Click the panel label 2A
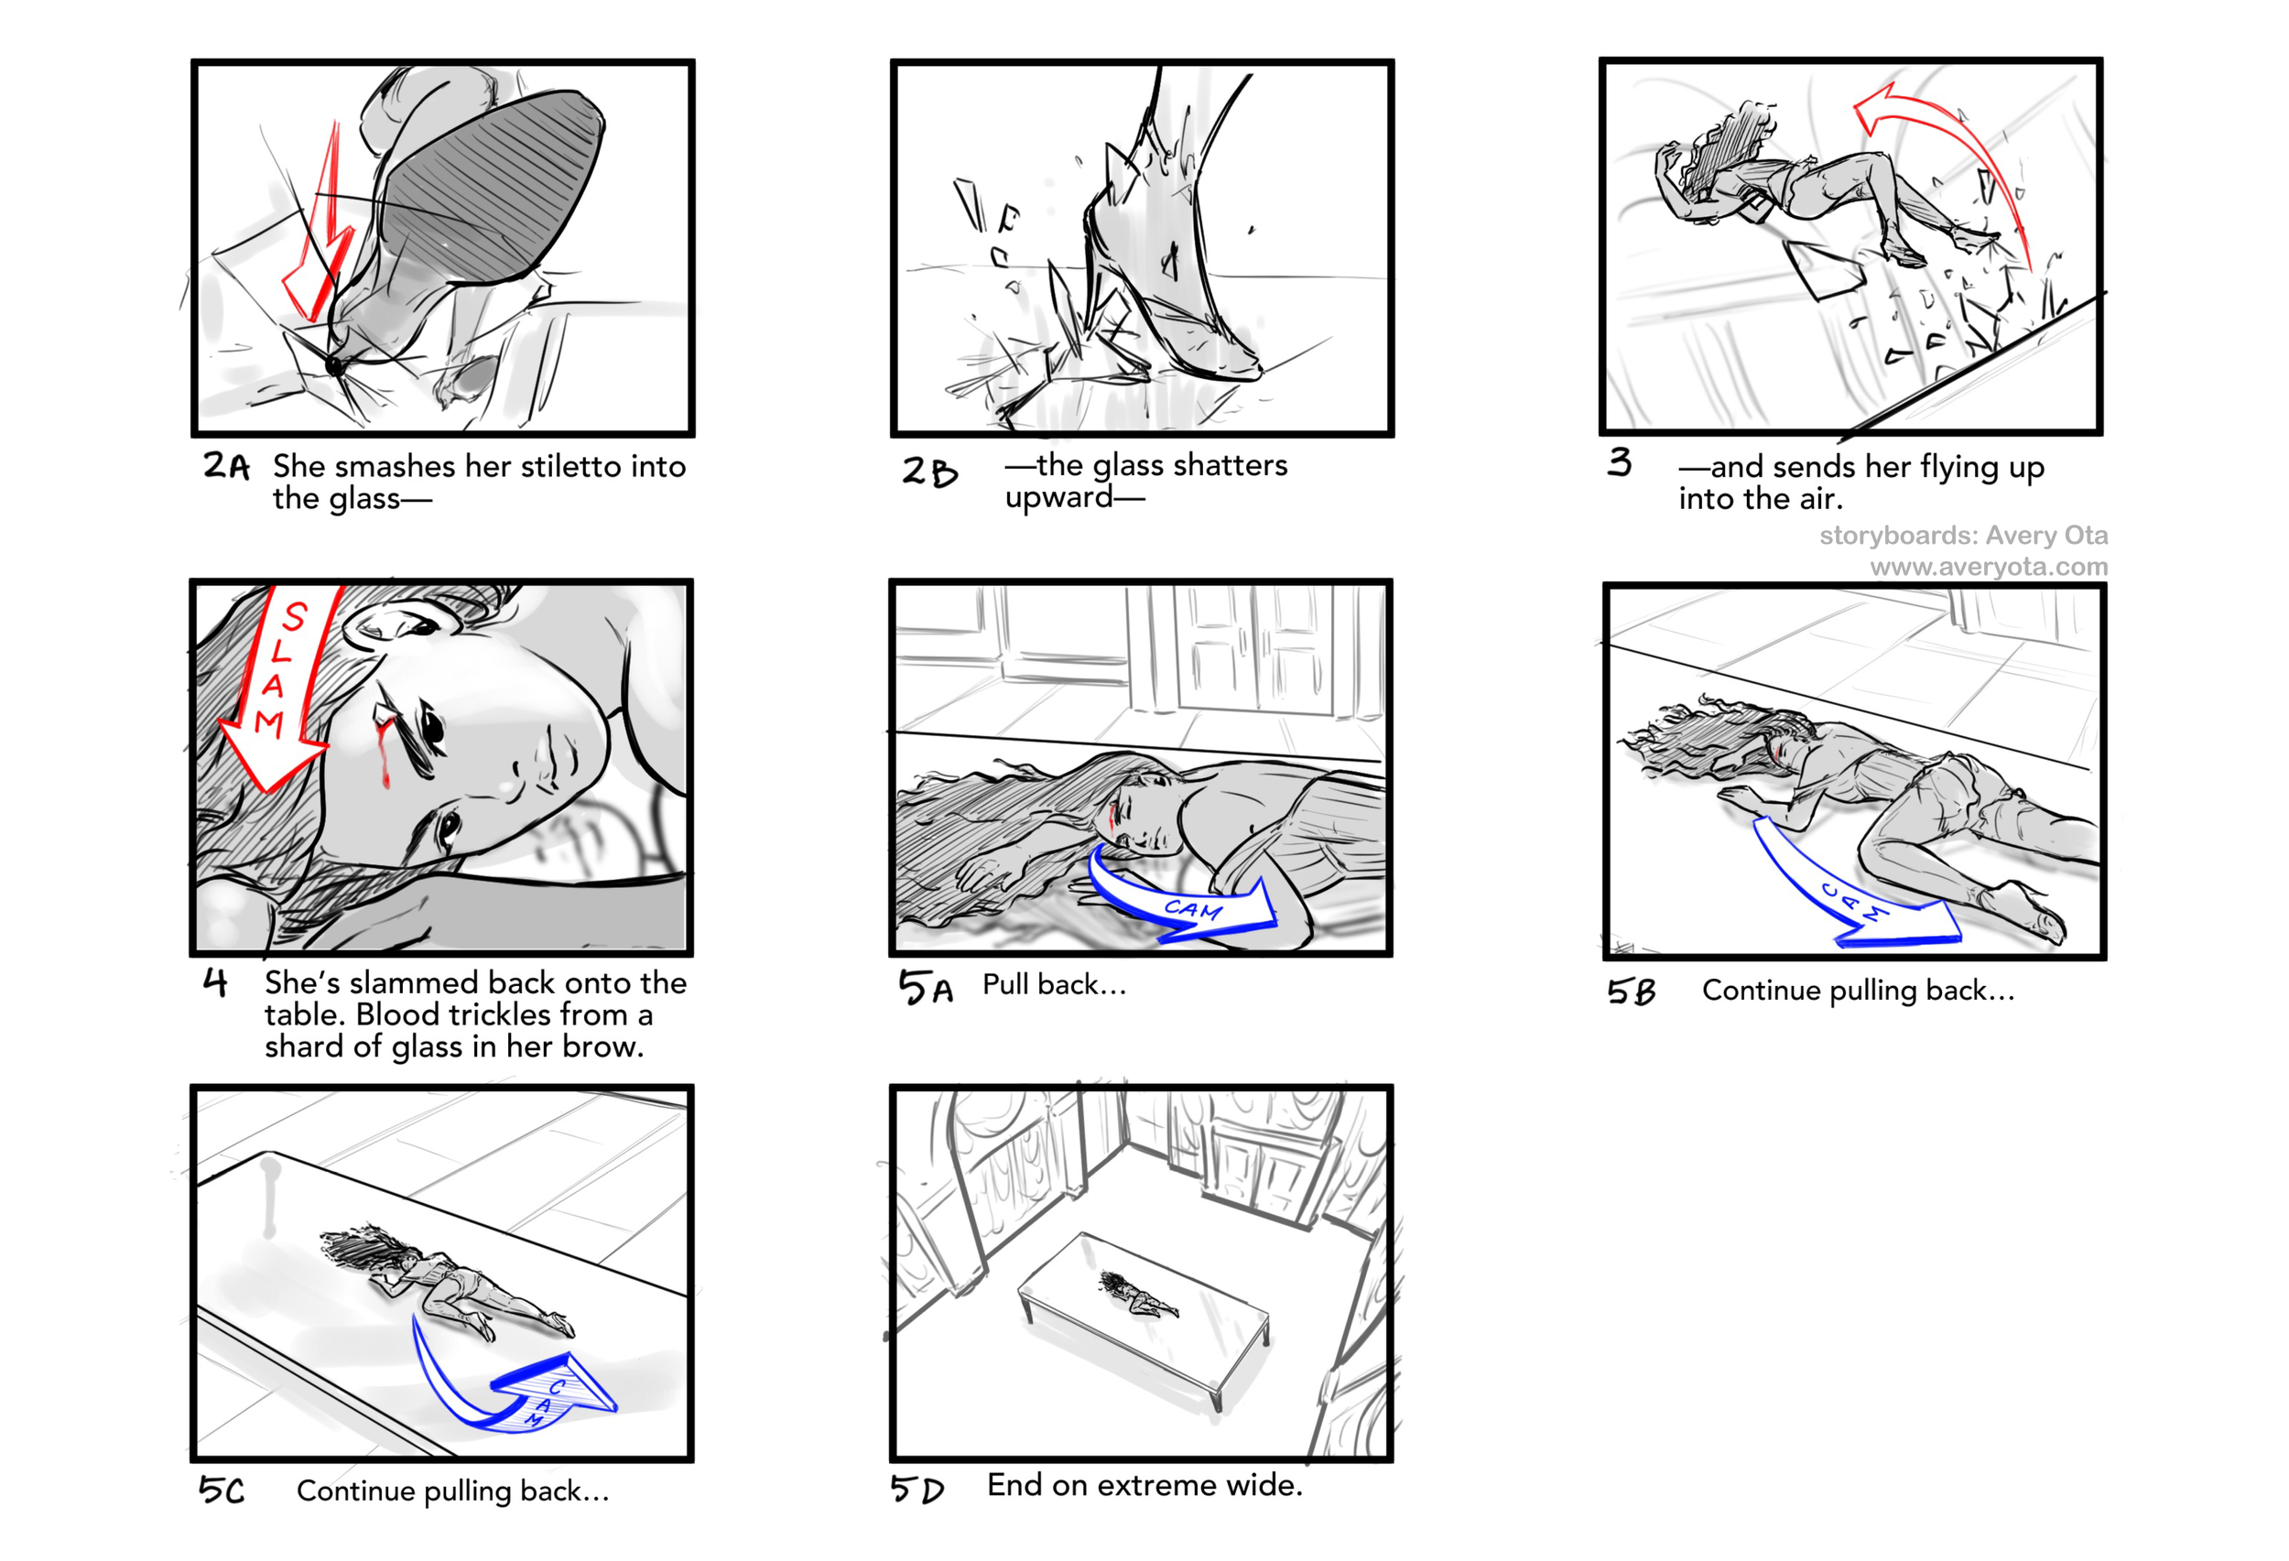tap(226, 465)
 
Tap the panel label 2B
tap(928, 472)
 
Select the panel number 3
tap(1620, 462)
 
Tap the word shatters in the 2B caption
tap(1235, 464)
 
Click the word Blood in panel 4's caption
tap(402, 1014)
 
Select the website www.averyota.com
tap(1989, 568)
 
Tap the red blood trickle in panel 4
tap(385, 753)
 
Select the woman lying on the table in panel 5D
tap(1137, 1296)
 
